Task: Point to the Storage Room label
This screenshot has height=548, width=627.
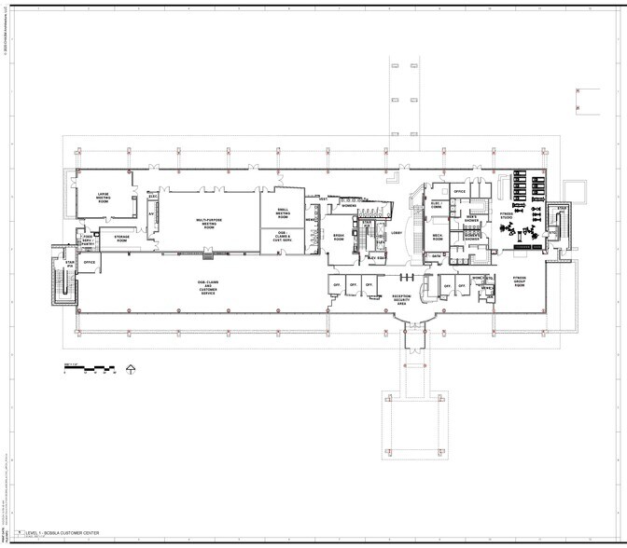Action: pos(121,239)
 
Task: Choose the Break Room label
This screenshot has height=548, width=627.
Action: pos(339,239)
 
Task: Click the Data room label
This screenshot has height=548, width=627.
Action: pos(436,255)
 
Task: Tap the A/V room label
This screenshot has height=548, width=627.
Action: pos(151,212)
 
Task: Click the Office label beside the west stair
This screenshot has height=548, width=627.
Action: pos(90,263)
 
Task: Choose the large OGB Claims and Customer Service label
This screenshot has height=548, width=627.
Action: pos(207,285)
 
